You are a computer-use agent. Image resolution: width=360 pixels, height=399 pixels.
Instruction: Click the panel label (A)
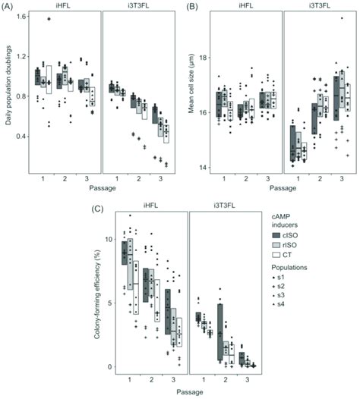(x=10, y=7)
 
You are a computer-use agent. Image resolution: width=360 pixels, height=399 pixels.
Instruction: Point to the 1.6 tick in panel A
(x=22, y=16)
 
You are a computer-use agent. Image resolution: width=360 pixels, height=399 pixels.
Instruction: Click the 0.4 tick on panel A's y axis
(x=22, y=136)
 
